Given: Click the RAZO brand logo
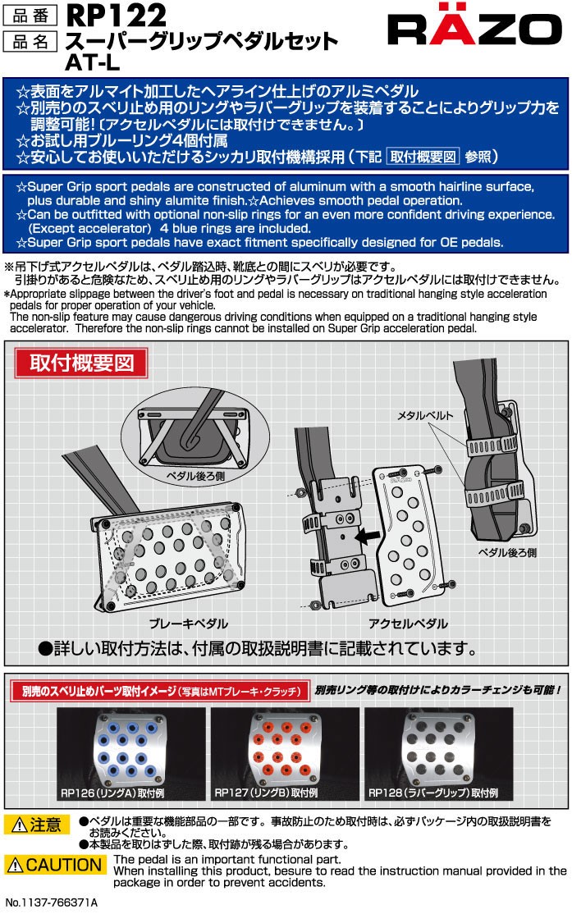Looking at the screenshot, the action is [x=474, y=27].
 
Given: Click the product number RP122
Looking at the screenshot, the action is [x=116, y=15].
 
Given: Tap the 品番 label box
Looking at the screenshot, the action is [x=30, y=16].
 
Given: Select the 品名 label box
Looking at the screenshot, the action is [x=30, y=42].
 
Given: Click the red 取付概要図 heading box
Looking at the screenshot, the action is [x=81, y=363].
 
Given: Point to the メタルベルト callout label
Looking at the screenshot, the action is [x=425, y=416].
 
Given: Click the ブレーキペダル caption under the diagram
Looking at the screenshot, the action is [x=188, y=624].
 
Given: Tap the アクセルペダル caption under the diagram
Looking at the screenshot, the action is [x=408, y=624].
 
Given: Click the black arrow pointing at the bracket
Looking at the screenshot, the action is [x=368, y=535].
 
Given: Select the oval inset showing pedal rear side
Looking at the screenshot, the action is [x=195, y=432].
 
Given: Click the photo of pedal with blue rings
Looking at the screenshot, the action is [x=130, y=754].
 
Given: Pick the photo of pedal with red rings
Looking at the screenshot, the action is [x=285, y=754].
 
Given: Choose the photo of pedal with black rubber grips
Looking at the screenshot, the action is [x=438, y=754].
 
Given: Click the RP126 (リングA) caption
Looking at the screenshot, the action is [x=112, y=793].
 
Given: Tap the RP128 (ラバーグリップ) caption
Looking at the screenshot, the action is [x=432, y=793].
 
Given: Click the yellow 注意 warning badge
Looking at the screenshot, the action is [x=37, y=825].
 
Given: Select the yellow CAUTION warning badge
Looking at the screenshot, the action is [x=55, y=865].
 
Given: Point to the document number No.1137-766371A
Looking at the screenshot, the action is [x=52, y=903].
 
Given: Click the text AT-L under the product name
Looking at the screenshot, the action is [x=92, y=62].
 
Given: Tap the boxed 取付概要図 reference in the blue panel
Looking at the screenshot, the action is [x=423, y=157].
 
